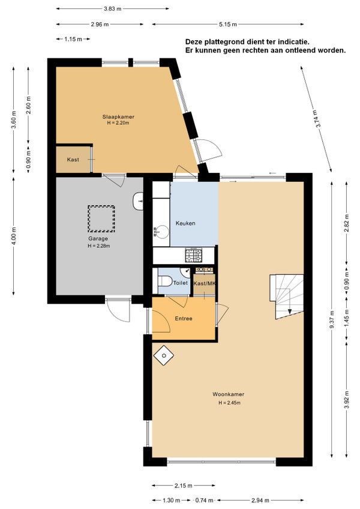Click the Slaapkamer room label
[118, 117]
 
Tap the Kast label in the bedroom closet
[73, 160]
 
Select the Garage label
[98, 239]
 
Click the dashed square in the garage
[101, 218]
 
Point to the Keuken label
[185, 223]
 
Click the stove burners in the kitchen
[193, 255]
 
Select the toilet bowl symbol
[165, 281]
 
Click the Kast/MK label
[205, 283]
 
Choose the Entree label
[184, 319]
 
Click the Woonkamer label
[228, 394]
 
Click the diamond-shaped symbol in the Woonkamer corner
[164, 356]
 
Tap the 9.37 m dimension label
[332, 320]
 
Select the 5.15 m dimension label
[228, 25]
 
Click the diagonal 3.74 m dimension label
[319, 119]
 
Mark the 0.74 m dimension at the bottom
[204, 500]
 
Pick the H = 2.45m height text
[230, 403]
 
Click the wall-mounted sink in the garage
[138, 201]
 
